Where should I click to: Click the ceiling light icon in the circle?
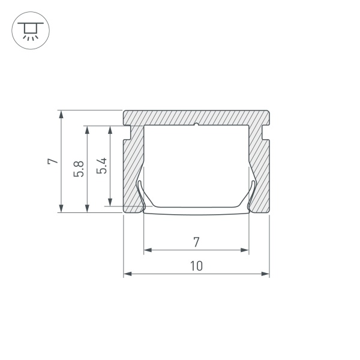28,29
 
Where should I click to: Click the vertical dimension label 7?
52,161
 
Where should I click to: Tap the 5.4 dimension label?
102,166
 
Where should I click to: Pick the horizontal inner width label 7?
196,242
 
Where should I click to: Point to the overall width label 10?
196,266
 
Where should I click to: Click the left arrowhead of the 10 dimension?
127,274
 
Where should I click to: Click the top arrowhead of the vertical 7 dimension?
61,114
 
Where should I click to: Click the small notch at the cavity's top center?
197,125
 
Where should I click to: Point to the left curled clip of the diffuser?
140,195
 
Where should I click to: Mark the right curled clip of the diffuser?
253,195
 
